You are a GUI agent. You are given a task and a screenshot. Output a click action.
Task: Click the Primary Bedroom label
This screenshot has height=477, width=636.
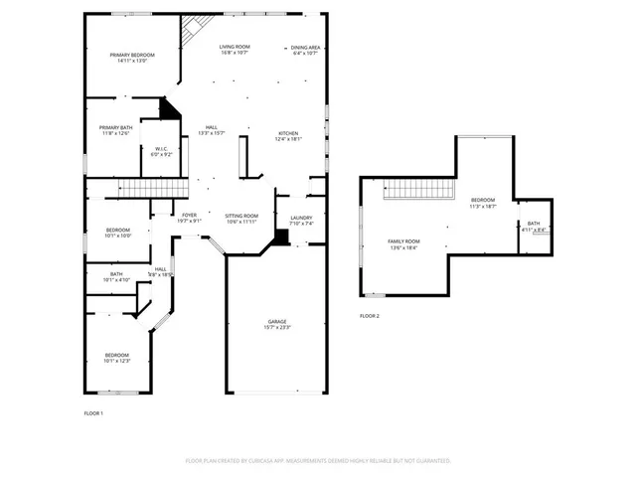[131, 55]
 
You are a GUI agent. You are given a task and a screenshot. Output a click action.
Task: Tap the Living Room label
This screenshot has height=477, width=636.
[235, 47]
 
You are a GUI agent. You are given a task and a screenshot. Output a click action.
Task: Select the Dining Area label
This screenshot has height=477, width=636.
[305, 47]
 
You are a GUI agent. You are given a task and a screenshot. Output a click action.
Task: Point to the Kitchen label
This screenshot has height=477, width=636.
[287, 133]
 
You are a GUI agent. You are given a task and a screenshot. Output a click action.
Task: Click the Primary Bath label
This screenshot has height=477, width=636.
[115, 127]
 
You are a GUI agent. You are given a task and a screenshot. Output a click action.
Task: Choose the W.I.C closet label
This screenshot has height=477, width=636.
[161, 149]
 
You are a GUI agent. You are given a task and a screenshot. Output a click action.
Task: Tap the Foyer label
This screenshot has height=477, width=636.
[189, 215]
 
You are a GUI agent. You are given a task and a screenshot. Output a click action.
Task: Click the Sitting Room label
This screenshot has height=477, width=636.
[241, 216]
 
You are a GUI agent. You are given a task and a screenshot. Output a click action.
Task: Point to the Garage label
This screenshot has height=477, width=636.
[276, 322]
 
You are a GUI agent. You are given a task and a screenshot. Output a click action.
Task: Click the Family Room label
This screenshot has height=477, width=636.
[403, 241]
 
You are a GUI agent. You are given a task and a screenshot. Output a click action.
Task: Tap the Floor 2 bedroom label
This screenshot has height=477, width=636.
[482, 200]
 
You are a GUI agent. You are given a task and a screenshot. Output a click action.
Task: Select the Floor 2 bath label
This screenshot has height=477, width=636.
[534, 224]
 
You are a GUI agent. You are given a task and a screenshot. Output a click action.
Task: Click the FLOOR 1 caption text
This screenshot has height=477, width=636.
[93, 412]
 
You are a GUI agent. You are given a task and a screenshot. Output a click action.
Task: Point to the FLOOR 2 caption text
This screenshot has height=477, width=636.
[370, 316]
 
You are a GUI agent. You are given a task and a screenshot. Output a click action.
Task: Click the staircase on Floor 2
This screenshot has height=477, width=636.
[418, 189]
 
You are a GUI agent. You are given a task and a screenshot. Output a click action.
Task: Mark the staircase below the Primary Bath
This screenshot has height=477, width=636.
[154, 189]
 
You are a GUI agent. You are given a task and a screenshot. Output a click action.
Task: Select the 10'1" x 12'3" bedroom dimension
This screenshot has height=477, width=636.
[117, 361]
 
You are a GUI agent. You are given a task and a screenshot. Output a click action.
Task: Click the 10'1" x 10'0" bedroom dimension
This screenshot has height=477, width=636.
[117, 237]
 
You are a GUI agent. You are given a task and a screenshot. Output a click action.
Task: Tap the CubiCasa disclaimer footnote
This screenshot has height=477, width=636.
[318, 460]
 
